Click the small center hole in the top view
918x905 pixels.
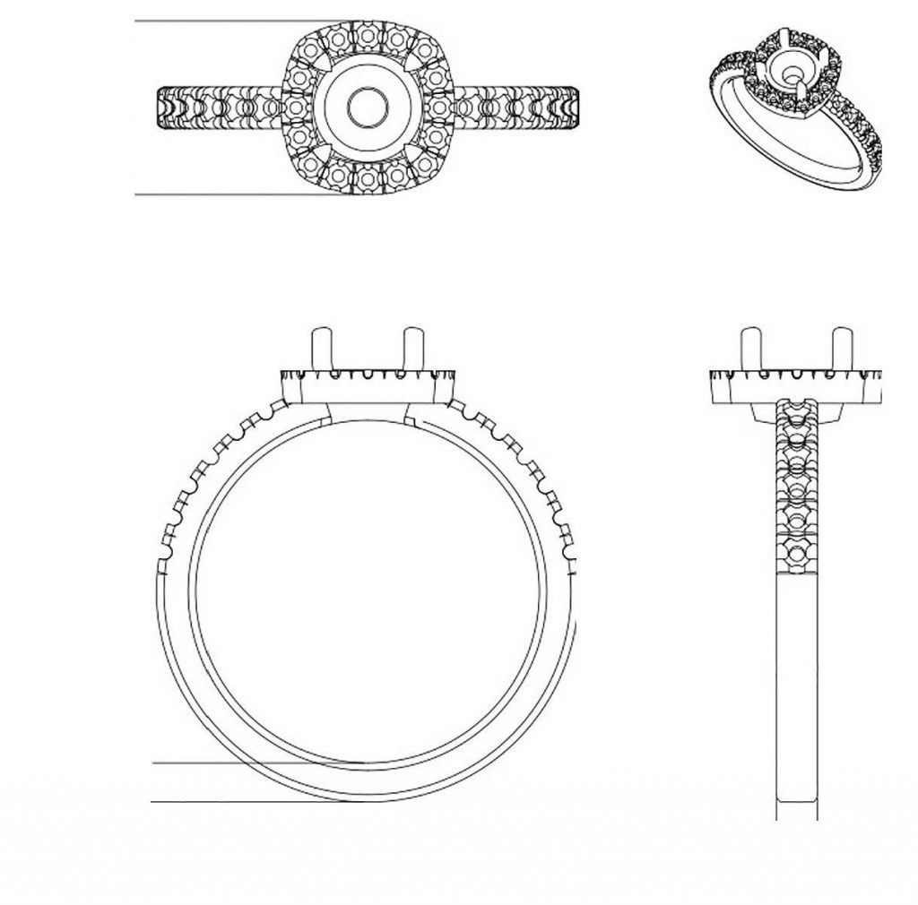point(368,107)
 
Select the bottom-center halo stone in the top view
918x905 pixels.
point(368,178)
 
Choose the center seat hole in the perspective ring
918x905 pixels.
point(793,72)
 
